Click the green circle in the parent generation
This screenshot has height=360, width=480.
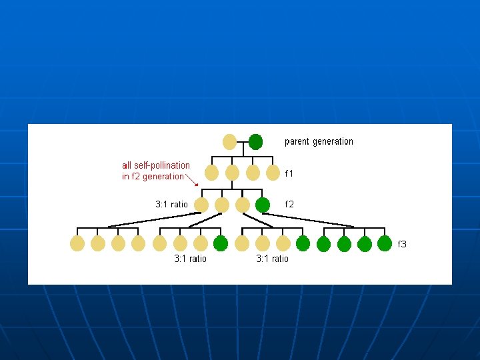pyautogui.click(x=255, y=142)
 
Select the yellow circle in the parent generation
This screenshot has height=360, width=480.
pyautogui.click(x=229, y=142)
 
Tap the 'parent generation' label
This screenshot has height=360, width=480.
pyautogui.click(x=319, y=141)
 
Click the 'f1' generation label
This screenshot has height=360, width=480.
pyautogui.click(x=289, y=173)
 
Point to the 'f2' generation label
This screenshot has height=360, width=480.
pyautogui.click(x=289, y=204)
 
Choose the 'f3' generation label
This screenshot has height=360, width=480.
pyautogui.click(x=402, y=244)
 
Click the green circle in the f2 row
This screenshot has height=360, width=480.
pyautogui.click(x=263, y=205)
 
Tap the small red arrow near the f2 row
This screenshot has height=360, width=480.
pyautogui.click(x=192, y=181)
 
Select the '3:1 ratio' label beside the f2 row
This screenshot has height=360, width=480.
pyautogui.click(x=172, y=204)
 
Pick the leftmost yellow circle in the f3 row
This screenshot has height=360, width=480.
pyautogui.click(x=77, y=243)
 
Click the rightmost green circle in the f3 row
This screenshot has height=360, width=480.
pyautogui.click(x=385, y=243)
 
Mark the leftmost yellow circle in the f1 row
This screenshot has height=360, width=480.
pyautogui.click(x=211, y=173)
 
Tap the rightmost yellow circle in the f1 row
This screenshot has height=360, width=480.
pyautogui.click(x=273, y=173)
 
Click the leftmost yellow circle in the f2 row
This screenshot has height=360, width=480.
pyautogui.click(x=201, y=205)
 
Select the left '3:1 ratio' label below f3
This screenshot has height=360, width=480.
pyautogui.click(x=190, y=259)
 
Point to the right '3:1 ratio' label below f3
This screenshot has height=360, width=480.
pyautogui.click(x=272, y=259)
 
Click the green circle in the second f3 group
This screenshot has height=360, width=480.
pyautogui.click(x=221, y=243)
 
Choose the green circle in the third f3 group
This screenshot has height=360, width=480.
pyautogui.click(x=303, y=243)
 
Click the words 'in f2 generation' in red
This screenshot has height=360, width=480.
pyautogui.click(x=153, y=177)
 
